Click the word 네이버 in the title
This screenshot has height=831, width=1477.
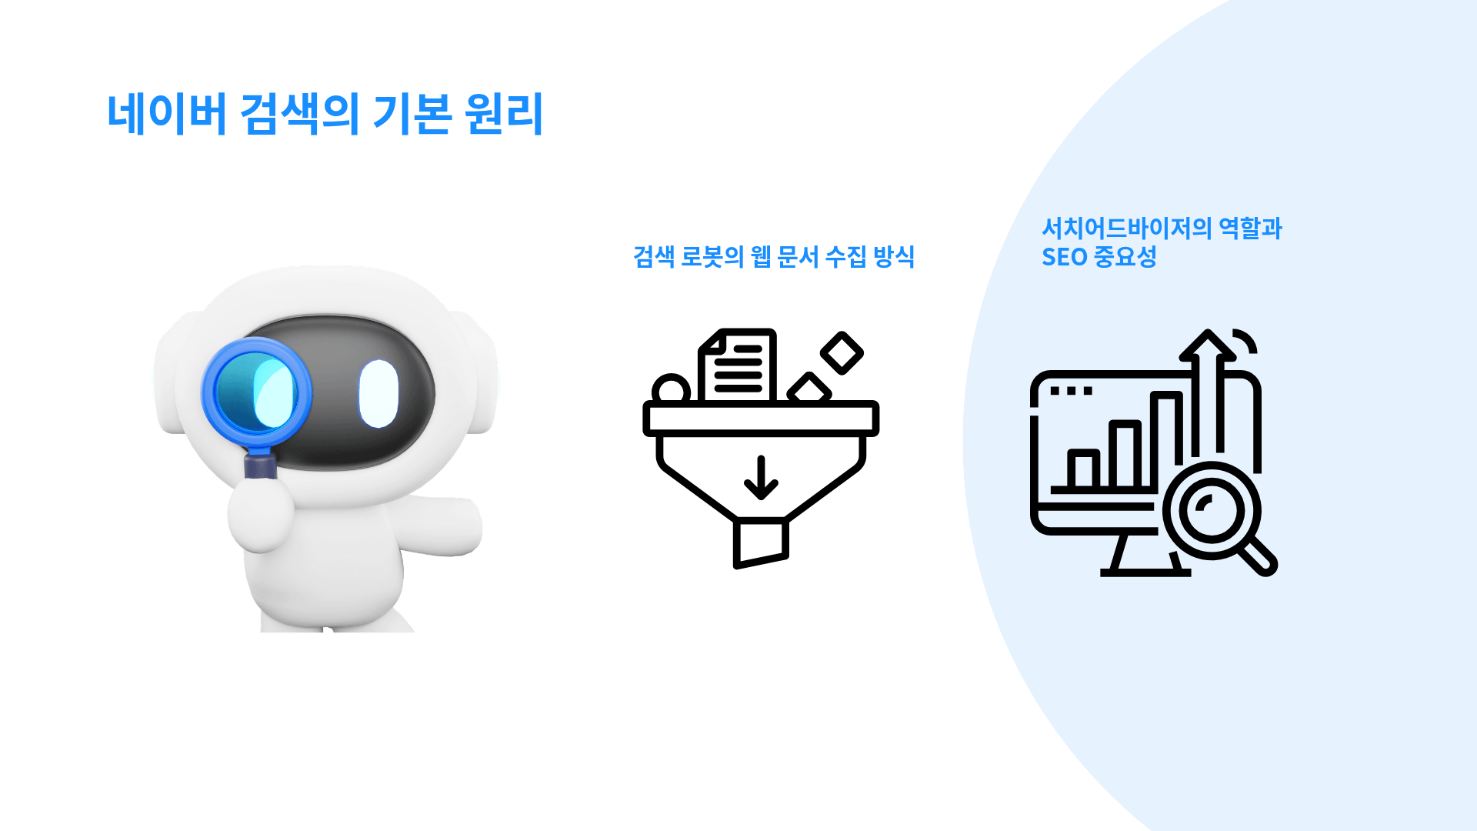pos(166,114)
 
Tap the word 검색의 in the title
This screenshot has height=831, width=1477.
pos(300,114)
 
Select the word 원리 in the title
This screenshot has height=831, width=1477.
pos(504,114)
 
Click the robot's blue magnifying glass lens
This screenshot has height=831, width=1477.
pos(256,392)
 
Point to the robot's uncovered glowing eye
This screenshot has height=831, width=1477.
pos(378,393)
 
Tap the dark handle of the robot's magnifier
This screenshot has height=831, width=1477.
pos(260,466)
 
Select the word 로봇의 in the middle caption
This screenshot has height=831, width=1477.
pos(712,256)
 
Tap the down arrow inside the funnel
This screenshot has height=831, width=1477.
pos(761,478)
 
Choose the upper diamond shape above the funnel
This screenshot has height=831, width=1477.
pos(842,353)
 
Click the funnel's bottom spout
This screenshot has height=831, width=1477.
pos(761,543)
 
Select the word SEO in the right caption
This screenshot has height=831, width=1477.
pos(1064,257)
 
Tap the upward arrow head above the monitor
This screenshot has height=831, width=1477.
pos(1208,345)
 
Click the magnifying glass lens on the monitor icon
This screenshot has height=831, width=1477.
pos(1212,511)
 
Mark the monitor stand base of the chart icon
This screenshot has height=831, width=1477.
pos(1145,572)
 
